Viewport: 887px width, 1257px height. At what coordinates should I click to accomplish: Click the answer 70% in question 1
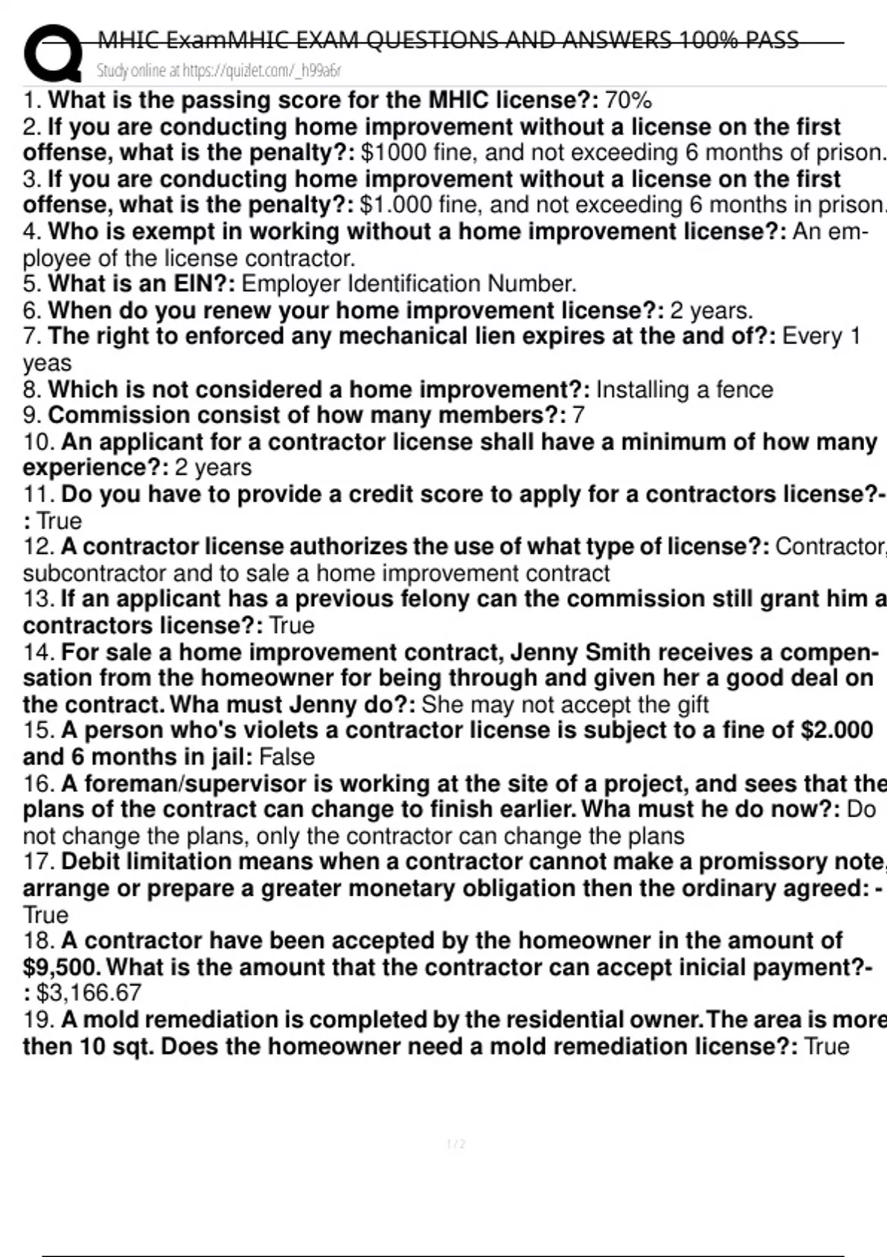click(628, 100)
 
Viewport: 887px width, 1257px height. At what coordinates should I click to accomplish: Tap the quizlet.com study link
click(219, 71)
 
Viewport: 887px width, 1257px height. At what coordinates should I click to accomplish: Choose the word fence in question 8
click(744, 390)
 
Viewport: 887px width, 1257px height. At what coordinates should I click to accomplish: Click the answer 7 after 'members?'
click(578, 415)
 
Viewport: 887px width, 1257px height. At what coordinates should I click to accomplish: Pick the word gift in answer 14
click(687, 705)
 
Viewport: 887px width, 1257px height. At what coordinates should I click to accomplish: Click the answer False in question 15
click(287, 757)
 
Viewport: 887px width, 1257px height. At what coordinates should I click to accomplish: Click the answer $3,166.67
click(89, 993)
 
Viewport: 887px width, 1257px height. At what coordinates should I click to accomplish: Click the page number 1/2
click(456, 1145)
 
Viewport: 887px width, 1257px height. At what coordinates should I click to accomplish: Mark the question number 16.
click(38, 783)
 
